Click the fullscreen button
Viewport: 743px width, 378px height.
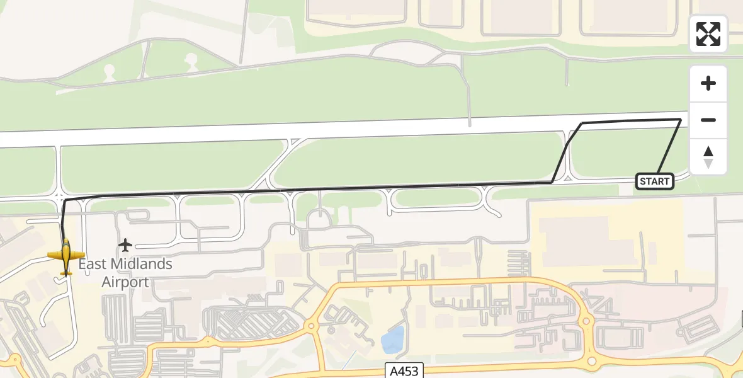[708, 34]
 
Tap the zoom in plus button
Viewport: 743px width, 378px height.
[708, 83]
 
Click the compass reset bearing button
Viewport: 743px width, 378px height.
[708, 157]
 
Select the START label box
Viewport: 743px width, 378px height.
[655, 181]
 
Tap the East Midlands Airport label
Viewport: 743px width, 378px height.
[125, 272]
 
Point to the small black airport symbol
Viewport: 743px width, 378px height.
[125, 244]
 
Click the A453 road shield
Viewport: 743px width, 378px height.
[402, 370]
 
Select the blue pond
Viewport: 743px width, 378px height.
[392, 339]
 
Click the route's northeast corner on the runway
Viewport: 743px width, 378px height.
[681, 118]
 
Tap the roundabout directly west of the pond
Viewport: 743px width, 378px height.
[311, 326]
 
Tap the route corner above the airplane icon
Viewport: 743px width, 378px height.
[65, 200]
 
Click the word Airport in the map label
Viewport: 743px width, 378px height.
[125, 282]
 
